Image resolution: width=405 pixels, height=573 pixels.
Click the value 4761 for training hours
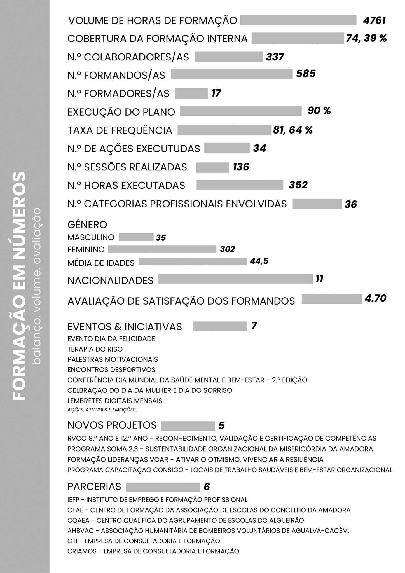(x=374, y=20)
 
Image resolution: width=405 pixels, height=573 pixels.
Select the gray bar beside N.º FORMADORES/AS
(x=191, y=93)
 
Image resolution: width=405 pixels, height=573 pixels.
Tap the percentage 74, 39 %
(x=366, y=38)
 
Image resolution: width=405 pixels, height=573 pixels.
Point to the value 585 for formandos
(x=306, y=74)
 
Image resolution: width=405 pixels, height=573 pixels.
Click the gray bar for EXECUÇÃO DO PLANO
(x=241, y=111)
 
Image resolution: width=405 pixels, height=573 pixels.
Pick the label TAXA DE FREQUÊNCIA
(x=120, y=130)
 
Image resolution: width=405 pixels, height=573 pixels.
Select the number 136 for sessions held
(x=241, y=167)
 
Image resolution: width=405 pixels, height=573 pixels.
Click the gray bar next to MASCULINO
(x=136, y=237)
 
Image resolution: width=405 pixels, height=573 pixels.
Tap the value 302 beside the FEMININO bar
(x=227, y=249)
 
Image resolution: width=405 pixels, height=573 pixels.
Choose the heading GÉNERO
(x=87, y=224)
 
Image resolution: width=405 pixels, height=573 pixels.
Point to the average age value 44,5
(x=259, y=261)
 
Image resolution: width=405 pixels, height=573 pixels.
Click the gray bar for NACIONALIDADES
(x=235, y=279)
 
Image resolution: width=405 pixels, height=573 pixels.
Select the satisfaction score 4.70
(x=375, y=298)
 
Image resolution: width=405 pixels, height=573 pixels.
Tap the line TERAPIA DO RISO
(x=95, y=349)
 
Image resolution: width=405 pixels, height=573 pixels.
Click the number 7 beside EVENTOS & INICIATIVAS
(x=254, y=326)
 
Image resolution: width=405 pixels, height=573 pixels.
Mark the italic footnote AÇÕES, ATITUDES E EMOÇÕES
(x=101, y=410)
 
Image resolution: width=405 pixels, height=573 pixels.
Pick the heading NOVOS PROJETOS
(x=112, y=425)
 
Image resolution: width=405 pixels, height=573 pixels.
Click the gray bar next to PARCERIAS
(x=163, y=487)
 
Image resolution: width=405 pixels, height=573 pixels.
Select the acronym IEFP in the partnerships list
(x=74, y=500)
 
